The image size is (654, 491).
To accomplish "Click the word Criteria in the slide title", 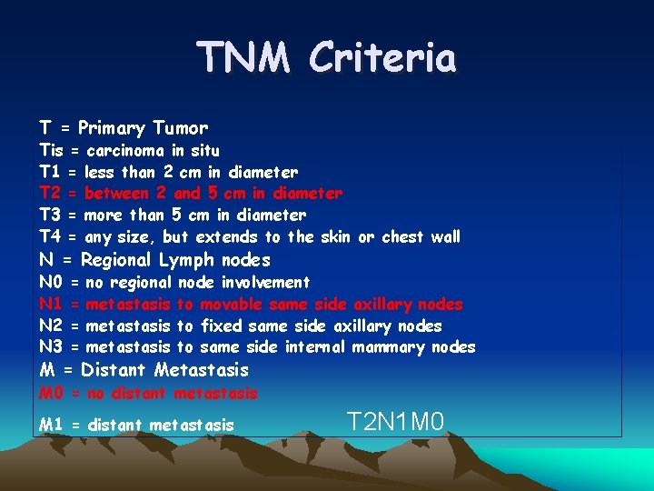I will [381, 58].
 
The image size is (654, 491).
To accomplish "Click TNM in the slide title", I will [243, 58].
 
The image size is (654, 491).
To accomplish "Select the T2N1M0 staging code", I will [395, 421].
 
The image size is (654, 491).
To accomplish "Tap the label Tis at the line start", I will [51, 150].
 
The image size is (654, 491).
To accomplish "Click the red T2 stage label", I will [50, 194].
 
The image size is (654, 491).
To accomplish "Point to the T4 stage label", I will [50, 237].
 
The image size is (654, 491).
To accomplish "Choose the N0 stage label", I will [51, 283].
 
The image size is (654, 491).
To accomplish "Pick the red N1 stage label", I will [51, 305].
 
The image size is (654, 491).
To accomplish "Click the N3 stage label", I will [51, 347].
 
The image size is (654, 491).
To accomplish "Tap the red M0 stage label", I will [52, 394].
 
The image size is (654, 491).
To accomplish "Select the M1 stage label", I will [51, 426].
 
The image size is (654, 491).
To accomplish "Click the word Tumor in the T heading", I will [180, 128].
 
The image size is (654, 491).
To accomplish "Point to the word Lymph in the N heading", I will [186, 260].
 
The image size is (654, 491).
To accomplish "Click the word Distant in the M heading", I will [114, 370].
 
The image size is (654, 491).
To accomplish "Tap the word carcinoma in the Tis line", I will [126, 150].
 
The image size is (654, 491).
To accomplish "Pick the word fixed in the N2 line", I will [221, 326].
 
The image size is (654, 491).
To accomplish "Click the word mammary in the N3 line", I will [391, 347].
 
